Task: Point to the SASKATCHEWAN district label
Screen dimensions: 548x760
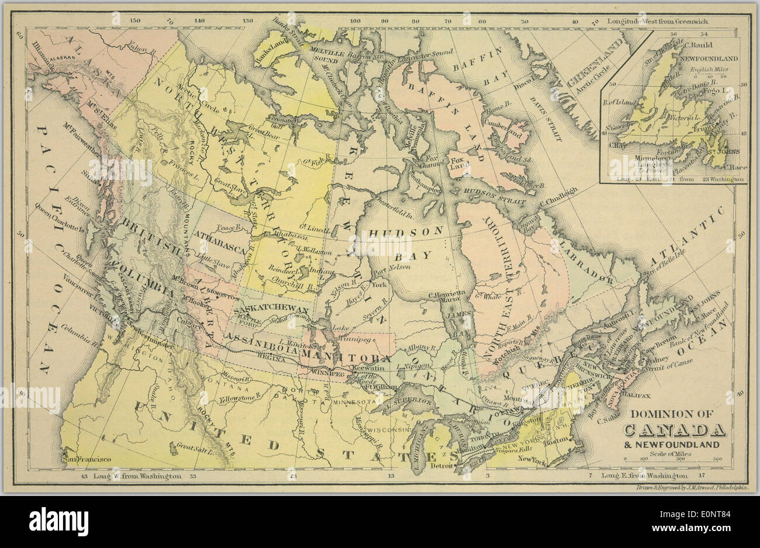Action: (x=270, y=308)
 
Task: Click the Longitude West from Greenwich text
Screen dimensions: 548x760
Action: (x=648, y=21)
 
